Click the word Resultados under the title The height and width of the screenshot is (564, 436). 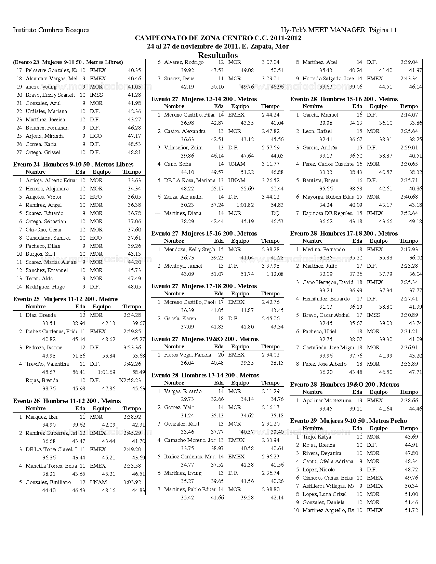pos(218,55)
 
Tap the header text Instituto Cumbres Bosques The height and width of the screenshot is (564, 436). pos(51,30)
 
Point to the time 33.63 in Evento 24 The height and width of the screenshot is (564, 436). pos(134,180)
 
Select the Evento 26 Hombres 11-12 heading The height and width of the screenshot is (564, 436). pos(67,401)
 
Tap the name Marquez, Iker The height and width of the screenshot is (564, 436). pos(42,417)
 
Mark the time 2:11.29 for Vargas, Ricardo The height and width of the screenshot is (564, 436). pos(270,391)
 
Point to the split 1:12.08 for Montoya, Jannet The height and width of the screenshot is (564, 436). pos(275,274)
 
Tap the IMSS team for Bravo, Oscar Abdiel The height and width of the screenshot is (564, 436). pos(373,315)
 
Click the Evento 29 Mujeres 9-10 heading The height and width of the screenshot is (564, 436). pos(348,421)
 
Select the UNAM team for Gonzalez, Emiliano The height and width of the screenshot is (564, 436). pos(98,482)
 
